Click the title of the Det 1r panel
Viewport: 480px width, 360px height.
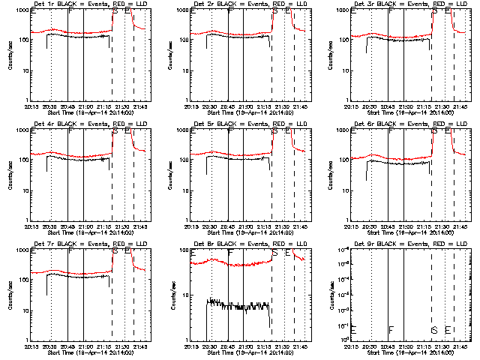point(83,4)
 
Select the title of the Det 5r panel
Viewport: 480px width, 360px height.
point(243,124)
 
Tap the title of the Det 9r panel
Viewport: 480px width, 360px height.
point(404,244)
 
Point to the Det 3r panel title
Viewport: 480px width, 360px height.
point(404,4)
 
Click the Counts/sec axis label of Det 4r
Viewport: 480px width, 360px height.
point(9,175)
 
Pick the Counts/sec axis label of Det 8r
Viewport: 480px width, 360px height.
point(169,295)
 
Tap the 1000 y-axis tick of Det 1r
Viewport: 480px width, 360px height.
point(22,11)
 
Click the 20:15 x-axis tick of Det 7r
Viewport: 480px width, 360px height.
point(31,346)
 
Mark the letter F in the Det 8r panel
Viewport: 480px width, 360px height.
point(230,253)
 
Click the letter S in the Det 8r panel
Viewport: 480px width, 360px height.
point(274,253)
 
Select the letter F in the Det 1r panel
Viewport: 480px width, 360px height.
point(70,13)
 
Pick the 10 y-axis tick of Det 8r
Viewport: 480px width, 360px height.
point(184,295)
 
